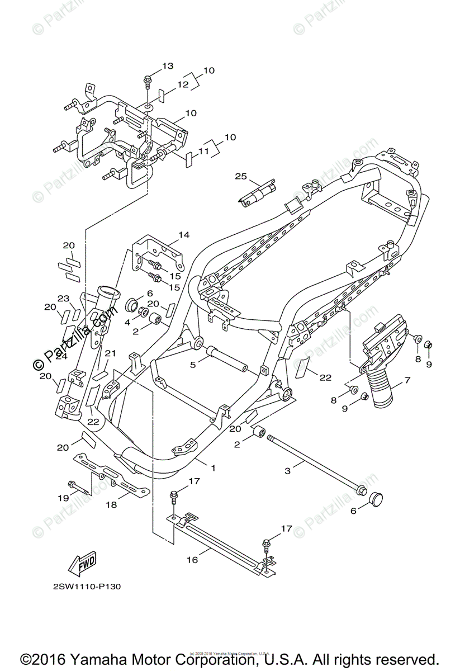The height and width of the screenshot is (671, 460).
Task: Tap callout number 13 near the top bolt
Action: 168,67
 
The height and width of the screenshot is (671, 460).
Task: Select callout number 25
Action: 240,177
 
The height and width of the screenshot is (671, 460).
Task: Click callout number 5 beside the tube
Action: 192,365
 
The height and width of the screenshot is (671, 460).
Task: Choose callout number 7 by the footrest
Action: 407,380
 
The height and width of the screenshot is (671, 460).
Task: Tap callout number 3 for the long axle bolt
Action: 288,471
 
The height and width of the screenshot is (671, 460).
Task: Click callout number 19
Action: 63,498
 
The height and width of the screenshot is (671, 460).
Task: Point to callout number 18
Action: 111,504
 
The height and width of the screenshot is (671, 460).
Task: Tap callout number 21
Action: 110,353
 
